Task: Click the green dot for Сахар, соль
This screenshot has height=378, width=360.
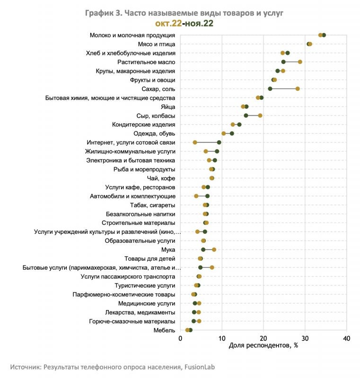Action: coord(270,89)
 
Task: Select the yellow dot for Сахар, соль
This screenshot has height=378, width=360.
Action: coord(298,89)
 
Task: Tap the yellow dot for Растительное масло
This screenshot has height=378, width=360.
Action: coord(300,62)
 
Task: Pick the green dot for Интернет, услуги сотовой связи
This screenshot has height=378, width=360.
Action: coord(219,143)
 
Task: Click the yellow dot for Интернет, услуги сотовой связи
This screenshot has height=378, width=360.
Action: coord(195,143)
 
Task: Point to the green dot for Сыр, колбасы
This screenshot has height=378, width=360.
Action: coord(246,116)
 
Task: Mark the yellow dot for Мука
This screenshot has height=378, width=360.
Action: coord(214,250)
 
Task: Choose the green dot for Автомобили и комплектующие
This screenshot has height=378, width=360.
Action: coord(207,196)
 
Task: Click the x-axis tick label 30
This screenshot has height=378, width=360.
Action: coord(305,338)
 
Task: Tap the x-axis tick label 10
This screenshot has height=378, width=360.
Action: coord(222,338)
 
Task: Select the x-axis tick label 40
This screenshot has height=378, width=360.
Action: coord(346,338)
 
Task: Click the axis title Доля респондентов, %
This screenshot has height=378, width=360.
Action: coord(263,345)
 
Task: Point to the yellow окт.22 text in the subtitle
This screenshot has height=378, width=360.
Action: coord(168,23)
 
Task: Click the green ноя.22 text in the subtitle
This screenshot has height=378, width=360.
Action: coord(199,23)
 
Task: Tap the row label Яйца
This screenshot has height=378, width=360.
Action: coord(168,107)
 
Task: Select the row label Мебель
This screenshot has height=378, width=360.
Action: coord(164,330)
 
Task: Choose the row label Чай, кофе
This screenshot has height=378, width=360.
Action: coord(161,179)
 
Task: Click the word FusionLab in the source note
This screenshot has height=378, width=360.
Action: coord(200,367)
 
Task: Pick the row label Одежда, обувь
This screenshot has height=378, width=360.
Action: coord(154,134)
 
